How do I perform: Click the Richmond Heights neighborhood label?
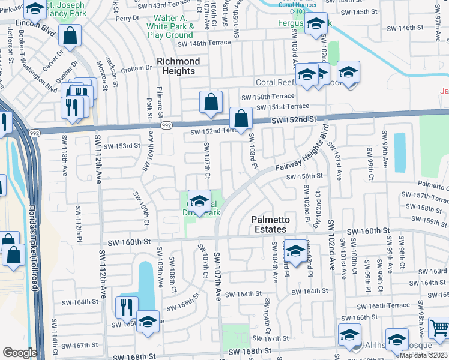coord(178,66)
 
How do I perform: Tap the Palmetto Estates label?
coord(270,225)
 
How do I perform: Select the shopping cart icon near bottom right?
coord(440,328)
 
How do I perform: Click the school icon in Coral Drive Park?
coord(199,201)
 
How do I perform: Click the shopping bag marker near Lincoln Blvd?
coord(70,36)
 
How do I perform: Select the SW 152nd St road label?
coord(293,121)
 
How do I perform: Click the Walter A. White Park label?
coord(171,27)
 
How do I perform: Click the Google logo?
coord(19,353)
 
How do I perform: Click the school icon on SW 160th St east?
coord(295,250)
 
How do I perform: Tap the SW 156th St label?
coord(304,176)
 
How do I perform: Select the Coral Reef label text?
coord(275,82)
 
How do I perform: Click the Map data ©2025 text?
coord(424,355)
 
